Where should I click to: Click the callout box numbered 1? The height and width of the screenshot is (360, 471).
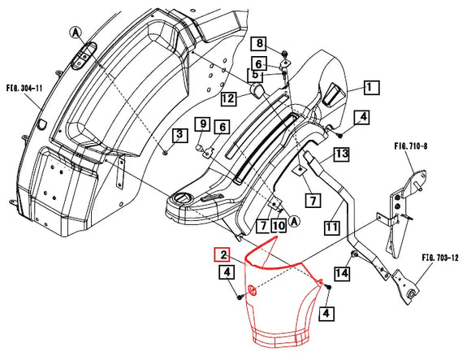click(370, 86)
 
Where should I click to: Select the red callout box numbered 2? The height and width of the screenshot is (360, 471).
click(221, 254)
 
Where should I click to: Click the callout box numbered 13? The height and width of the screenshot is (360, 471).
click(341, 153)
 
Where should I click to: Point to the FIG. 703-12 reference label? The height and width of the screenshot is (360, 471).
click(439, 258)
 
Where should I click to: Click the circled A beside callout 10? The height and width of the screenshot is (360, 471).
click(294, 221)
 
